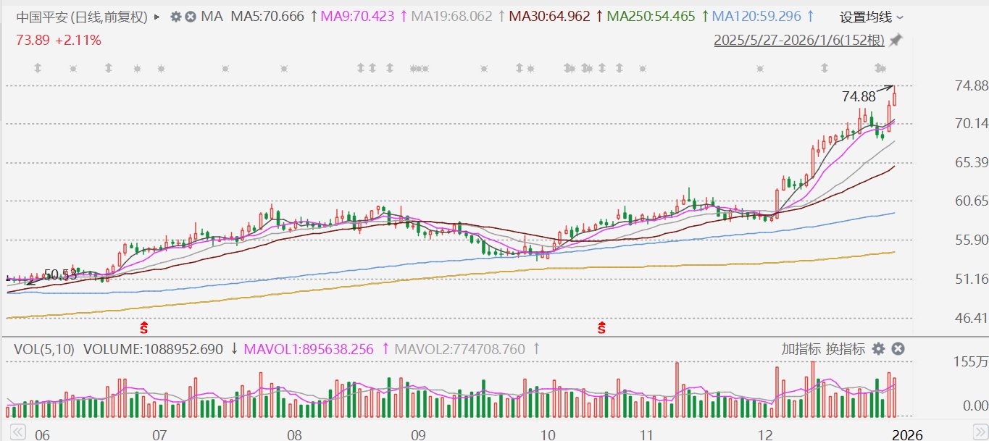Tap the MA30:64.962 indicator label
[549, 16]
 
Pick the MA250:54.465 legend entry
[651, 16]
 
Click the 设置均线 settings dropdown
[872, 17]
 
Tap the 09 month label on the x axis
[417, 435]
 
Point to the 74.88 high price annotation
[859, 96]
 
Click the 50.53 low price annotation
[60, 275]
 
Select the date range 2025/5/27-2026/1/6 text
[799, 41]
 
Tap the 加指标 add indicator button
[801, 349]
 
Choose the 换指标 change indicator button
[846, 349]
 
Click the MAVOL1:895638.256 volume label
[309, 349]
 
